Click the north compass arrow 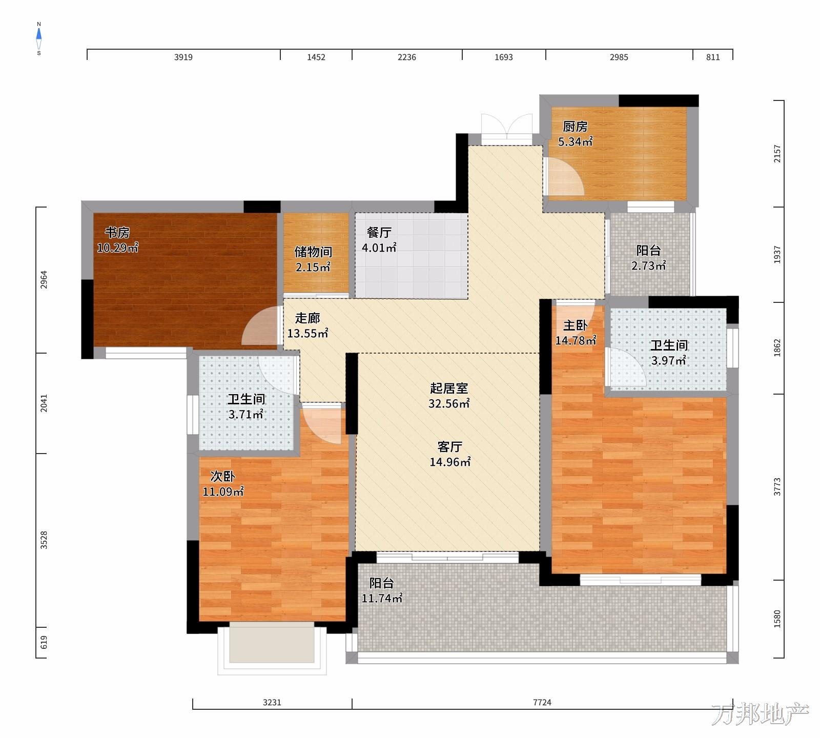pos(39,34)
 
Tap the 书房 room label pos(117,233)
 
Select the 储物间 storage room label pos(313,252)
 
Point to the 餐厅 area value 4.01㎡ pos(379,248)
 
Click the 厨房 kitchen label pos(575,127)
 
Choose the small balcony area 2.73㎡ pos(648,266)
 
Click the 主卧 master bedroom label pos(576,325)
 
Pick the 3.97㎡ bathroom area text pos(669,361)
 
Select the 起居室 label pos(449,388)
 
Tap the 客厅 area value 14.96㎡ pos(450,462)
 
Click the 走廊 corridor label pos(307,318)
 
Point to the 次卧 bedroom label pos(223,477)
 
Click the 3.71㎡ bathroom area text pos(245,415)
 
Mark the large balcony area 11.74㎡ pos(382,598)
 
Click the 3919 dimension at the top pos(183,57)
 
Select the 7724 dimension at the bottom pos(542,702)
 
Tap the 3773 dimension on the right pos(777,487)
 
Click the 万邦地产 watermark pos(760,714)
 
